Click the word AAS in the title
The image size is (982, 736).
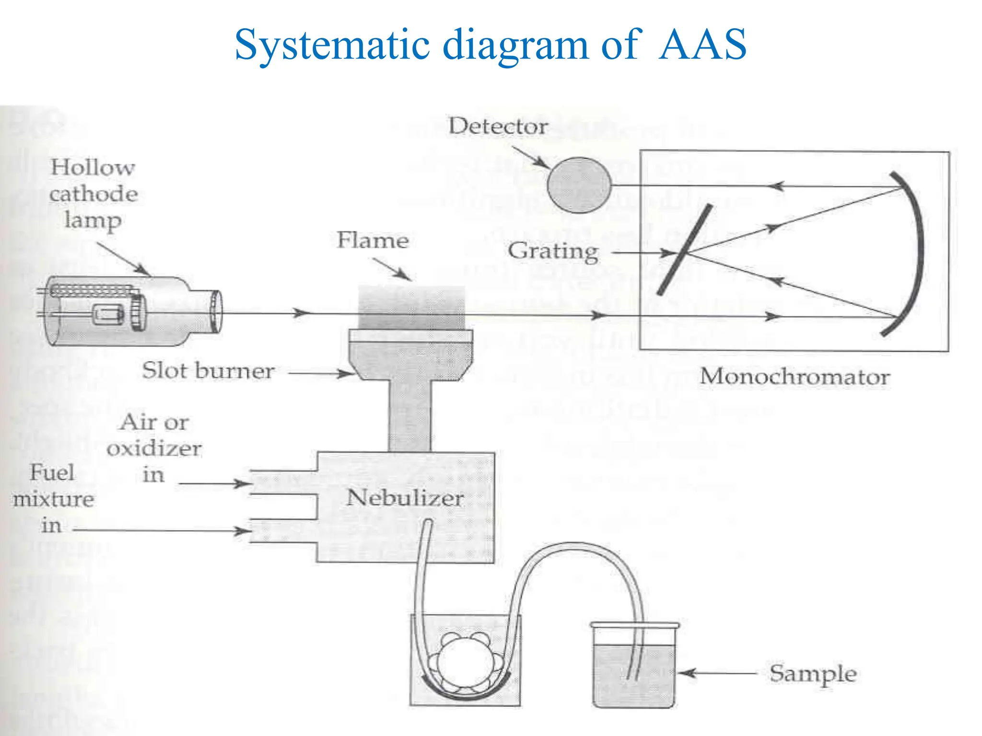pos(702,45)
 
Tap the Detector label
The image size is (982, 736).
pos(498,126)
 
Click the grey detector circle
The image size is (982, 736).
pos(579,185)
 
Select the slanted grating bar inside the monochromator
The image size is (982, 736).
pos(684,250)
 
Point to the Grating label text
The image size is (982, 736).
pos(553,251)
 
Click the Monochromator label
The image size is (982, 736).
pos(795,377)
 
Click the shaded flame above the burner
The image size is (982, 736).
pos(411,307)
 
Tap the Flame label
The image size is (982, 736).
pos(373,240)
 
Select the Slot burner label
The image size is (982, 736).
pos(208,371)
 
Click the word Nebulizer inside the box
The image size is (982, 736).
pos(405,498)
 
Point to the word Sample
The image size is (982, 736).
pos(813,674)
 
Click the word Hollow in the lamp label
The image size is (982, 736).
pos(93,168)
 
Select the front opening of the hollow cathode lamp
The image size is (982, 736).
pos(216,311)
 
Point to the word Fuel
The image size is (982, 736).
pos(52,473)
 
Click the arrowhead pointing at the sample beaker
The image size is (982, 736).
pos(687,673)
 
